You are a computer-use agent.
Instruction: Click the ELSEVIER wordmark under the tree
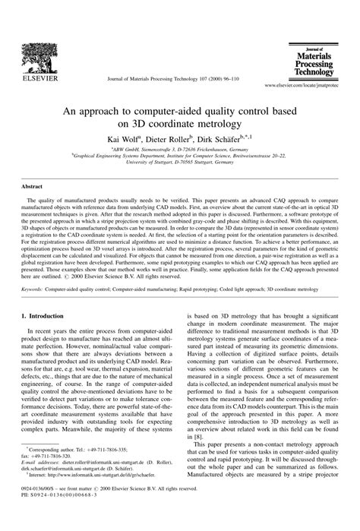click(x=36, y=77)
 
